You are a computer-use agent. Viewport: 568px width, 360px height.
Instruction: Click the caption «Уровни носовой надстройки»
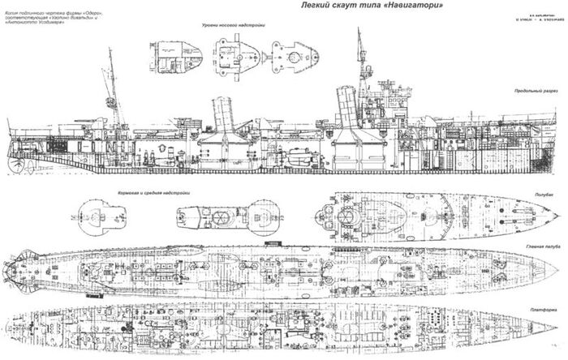pos(233,27)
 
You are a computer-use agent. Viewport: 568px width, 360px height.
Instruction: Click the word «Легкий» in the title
pos(301,10)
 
